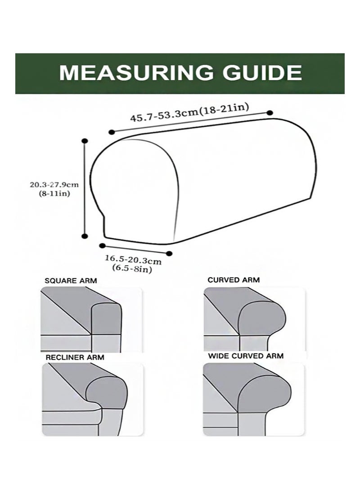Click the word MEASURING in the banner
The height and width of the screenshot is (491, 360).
(136, 73)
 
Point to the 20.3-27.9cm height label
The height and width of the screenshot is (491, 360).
(54, 184)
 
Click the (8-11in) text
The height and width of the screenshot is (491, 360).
(54, 193)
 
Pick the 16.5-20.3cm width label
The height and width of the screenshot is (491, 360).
(133, 259)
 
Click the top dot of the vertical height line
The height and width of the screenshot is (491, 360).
(84, 141)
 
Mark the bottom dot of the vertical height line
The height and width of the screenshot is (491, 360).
(84, 236)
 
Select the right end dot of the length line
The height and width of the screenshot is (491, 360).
(270, 113)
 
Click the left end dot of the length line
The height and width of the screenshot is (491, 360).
(111, 133)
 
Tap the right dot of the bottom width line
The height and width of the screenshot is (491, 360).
(169, 253)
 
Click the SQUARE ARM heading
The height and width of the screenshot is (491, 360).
(71, 281)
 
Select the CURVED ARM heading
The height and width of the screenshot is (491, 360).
(234, 280)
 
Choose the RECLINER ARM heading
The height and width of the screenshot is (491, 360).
(75, 357)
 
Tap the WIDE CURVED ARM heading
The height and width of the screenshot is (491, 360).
(246, 356)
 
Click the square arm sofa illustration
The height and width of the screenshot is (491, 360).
(91, 319)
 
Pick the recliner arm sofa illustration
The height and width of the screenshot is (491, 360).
(93, 400)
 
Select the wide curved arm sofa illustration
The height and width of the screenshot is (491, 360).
(253, 399)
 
